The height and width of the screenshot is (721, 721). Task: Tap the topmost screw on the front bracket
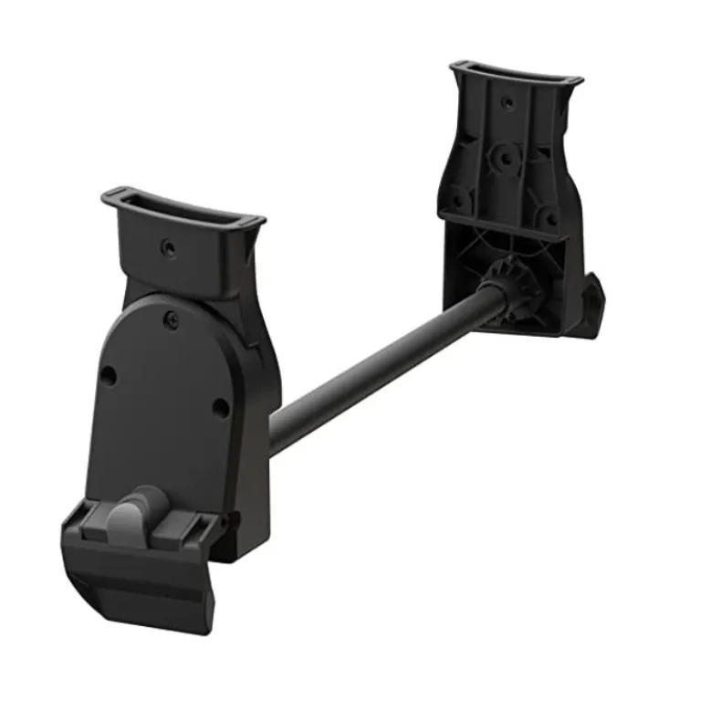click(168, 246)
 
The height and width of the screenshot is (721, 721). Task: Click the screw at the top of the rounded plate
click(170, 317)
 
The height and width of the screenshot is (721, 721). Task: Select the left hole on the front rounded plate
click(109, 374)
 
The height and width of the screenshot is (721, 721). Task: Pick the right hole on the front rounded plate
click(220, 407)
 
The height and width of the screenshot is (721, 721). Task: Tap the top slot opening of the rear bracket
click(516, 76)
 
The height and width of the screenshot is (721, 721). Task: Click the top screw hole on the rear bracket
click(503, 102)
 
